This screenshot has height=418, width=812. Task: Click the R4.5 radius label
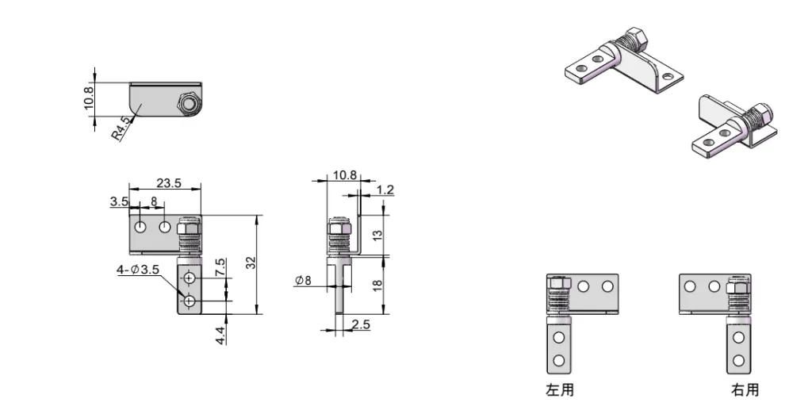[121, 129]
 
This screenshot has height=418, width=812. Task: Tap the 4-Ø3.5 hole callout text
[139, 270]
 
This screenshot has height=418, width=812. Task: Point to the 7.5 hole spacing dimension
[220, 267]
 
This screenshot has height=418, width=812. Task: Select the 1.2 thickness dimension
[386, 189]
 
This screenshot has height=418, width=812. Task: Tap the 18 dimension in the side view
[377, 284]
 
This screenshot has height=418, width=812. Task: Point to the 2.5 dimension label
[361, 324]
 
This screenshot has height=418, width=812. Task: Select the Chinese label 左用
[559, 389]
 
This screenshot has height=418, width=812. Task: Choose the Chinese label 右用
[745, 389]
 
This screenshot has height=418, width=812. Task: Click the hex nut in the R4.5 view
[188, 105]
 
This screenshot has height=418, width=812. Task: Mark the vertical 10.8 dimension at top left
[89, 99]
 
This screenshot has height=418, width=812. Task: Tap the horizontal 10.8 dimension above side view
[343, 175]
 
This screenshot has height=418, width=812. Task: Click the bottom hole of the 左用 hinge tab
[558, 361]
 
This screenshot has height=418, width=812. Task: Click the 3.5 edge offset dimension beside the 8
[119, 202]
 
